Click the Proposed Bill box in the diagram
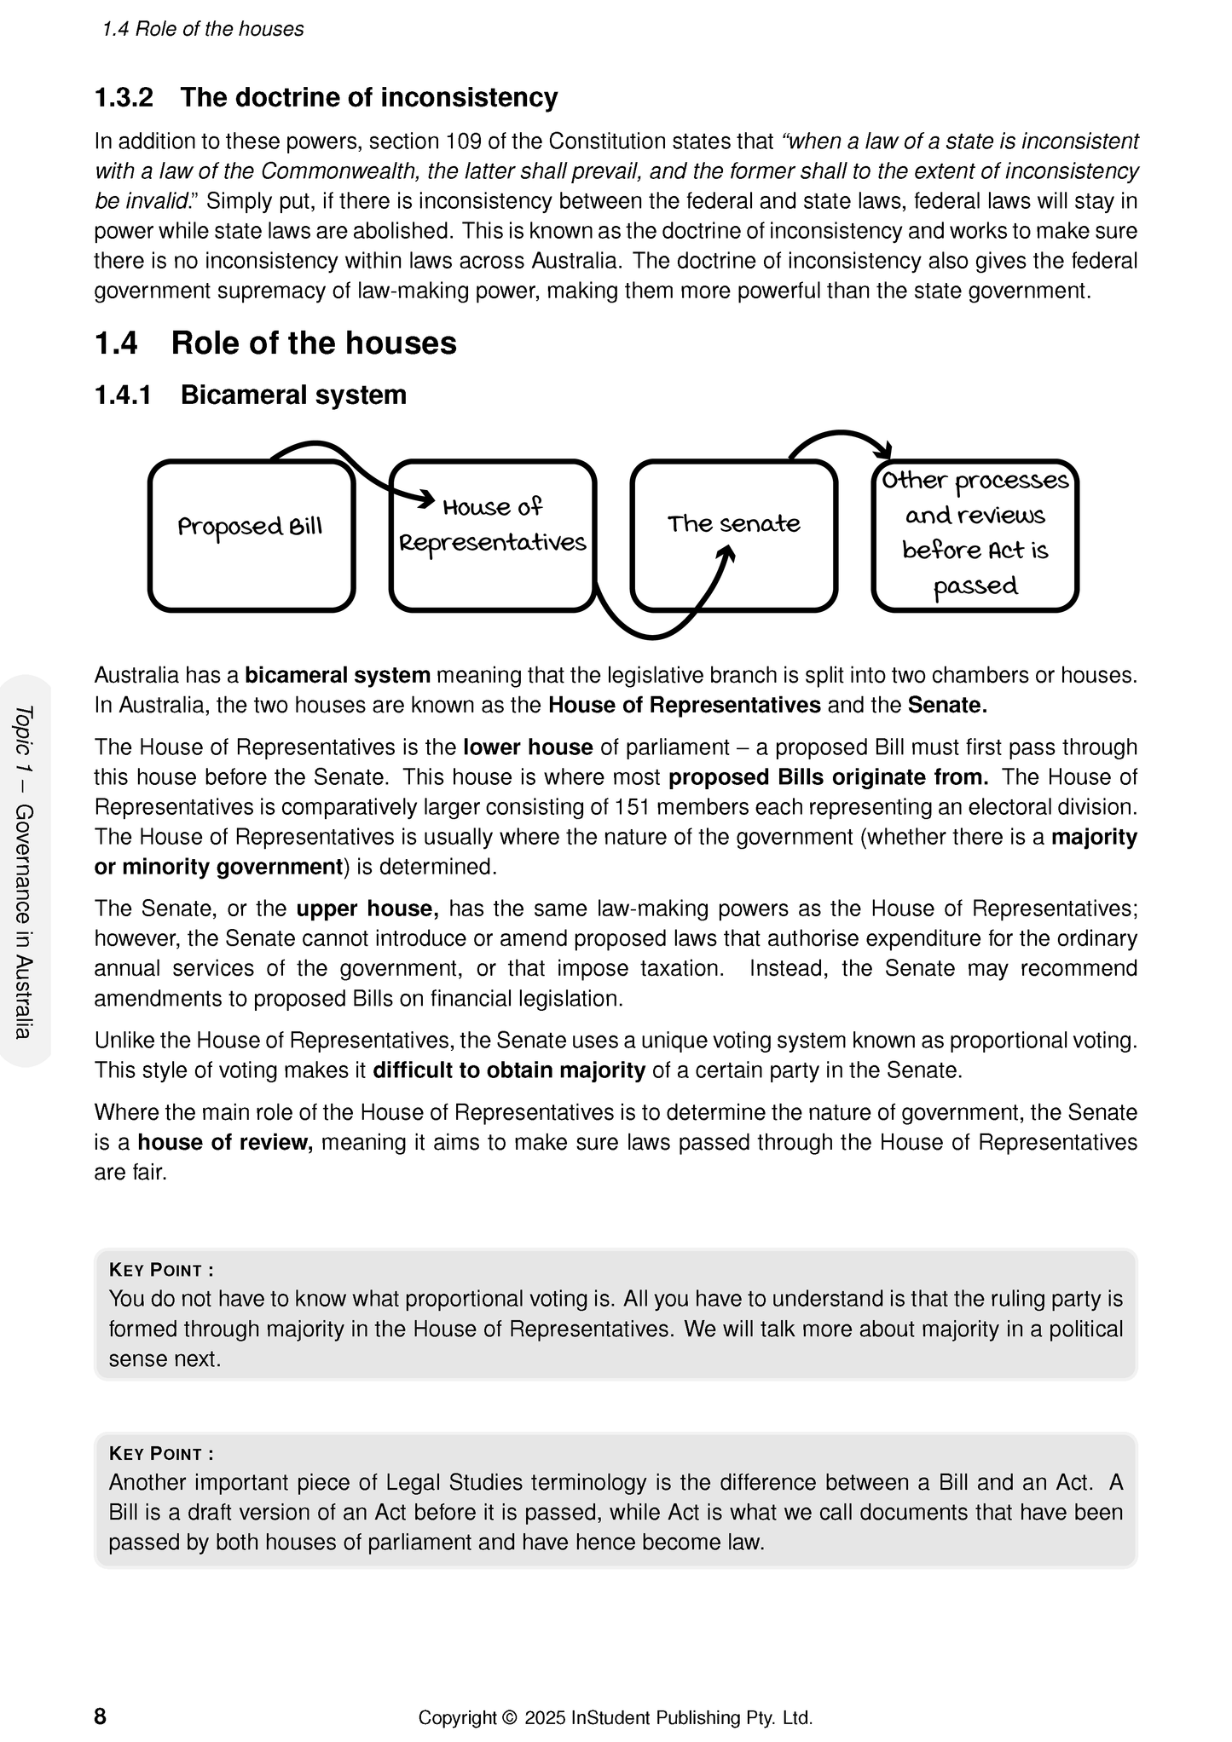click(x=251, y=536)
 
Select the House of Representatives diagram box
click(x=492, y=536)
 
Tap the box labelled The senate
click(x=733, y=536)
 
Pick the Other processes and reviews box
click(x=975, y=536)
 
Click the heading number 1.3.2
click(x=124, y=98)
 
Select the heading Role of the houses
click(x=314, y=343)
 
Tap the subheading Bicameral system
click(x=293, y=395)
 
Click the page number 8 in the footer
click(x=101, y=1716)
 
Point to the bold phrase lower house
click(x=528, y=747)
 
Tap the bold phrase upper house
click(x=367, y=908)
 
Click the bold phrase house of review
click(x=225, y=1142)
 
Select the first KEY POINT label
click(x=161, y=1270)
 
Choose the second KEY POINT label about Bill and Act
click(x=161, y=1453)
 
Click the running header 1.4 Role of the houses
click(x=202, y=30)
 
